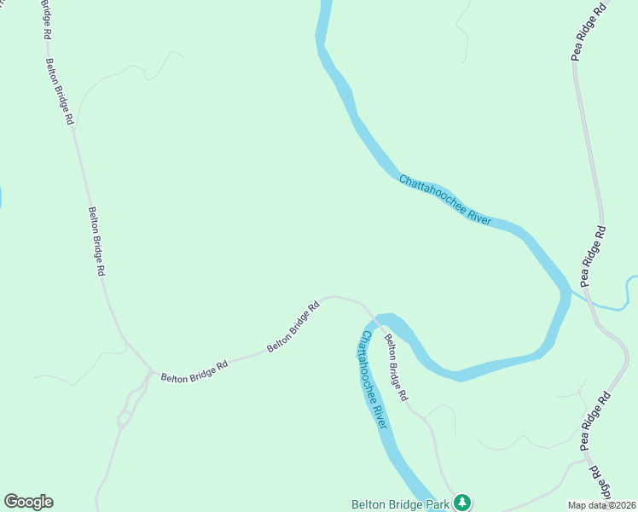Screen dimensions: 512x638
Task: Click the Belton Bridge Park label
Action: point(400,504)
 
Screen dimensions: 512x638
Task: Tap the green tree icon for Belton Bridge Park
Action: point(461,502)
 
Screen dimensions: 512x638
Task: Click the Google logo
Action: point(28,502)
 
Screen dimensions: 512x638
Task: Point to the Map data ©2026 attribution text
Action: point(601,505)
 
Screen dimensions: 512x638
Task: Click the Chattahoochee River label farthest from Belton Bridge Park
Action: point(445,200)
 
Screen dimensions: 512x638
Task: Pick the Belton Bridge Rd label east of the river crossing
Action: point(395,368)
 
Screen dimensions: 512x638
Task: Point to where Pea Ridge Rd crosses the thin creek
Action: point(591,300)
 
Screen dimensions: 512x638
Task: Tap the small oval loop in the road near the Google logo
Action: point(125,418)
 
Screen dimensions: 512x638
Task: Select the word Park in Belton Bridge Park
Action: point(437,504)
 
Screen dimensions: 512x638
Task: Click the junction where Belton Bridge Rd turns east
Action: point(151,372)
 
